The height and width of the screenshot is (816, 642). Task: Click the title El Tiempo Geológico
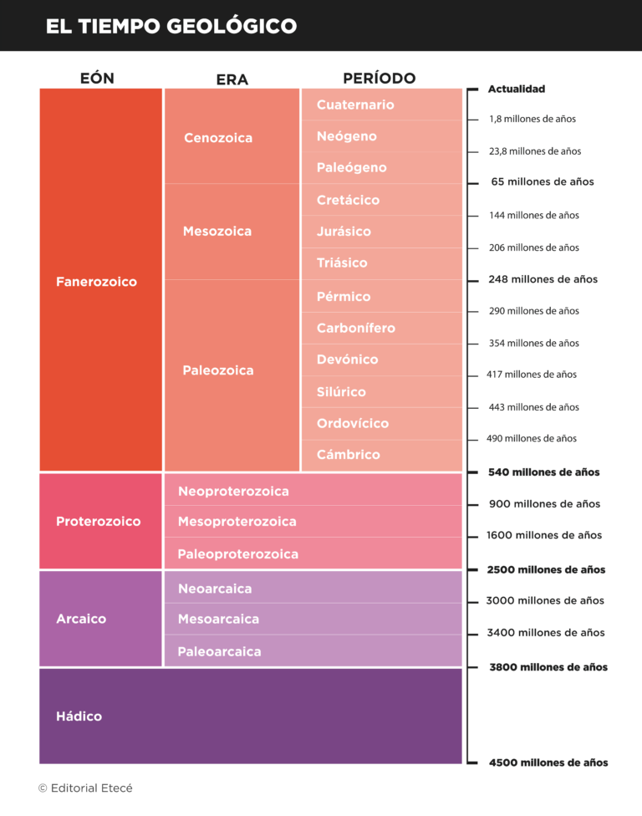(171, 26)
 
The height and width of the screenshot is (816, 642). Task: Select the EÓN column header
(97, 79)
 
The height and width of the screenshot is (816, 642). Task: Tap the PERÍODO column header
(379, 78)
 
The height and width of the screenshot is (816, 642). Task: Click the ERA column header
(232, 79)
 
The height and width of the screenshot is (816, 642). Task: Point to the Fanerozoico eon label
(96, 282)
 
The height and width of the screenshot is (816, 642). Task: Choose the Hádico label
(79, 717)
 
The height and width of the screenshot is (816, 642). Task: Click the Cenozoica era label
(218, 138)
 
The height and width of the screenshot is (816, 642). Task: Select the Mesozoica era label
(217, 231)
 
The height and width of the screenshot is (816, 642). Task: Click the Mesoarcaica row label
(218, 619)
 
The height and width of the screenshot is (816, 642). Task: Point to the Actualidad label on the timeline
(516, 89)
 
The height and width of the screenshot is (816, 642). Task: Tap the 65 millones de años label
(542, 181)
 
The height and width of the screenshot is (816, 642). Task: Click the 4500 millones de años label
(548, 762)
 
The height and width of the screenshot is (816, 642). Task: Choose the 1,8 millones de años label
(532, 119)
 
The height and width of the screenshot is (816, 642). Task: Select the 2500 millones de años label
(546, 569)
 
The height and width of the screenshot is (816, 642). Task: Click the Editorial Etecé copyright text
(85, 788)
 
